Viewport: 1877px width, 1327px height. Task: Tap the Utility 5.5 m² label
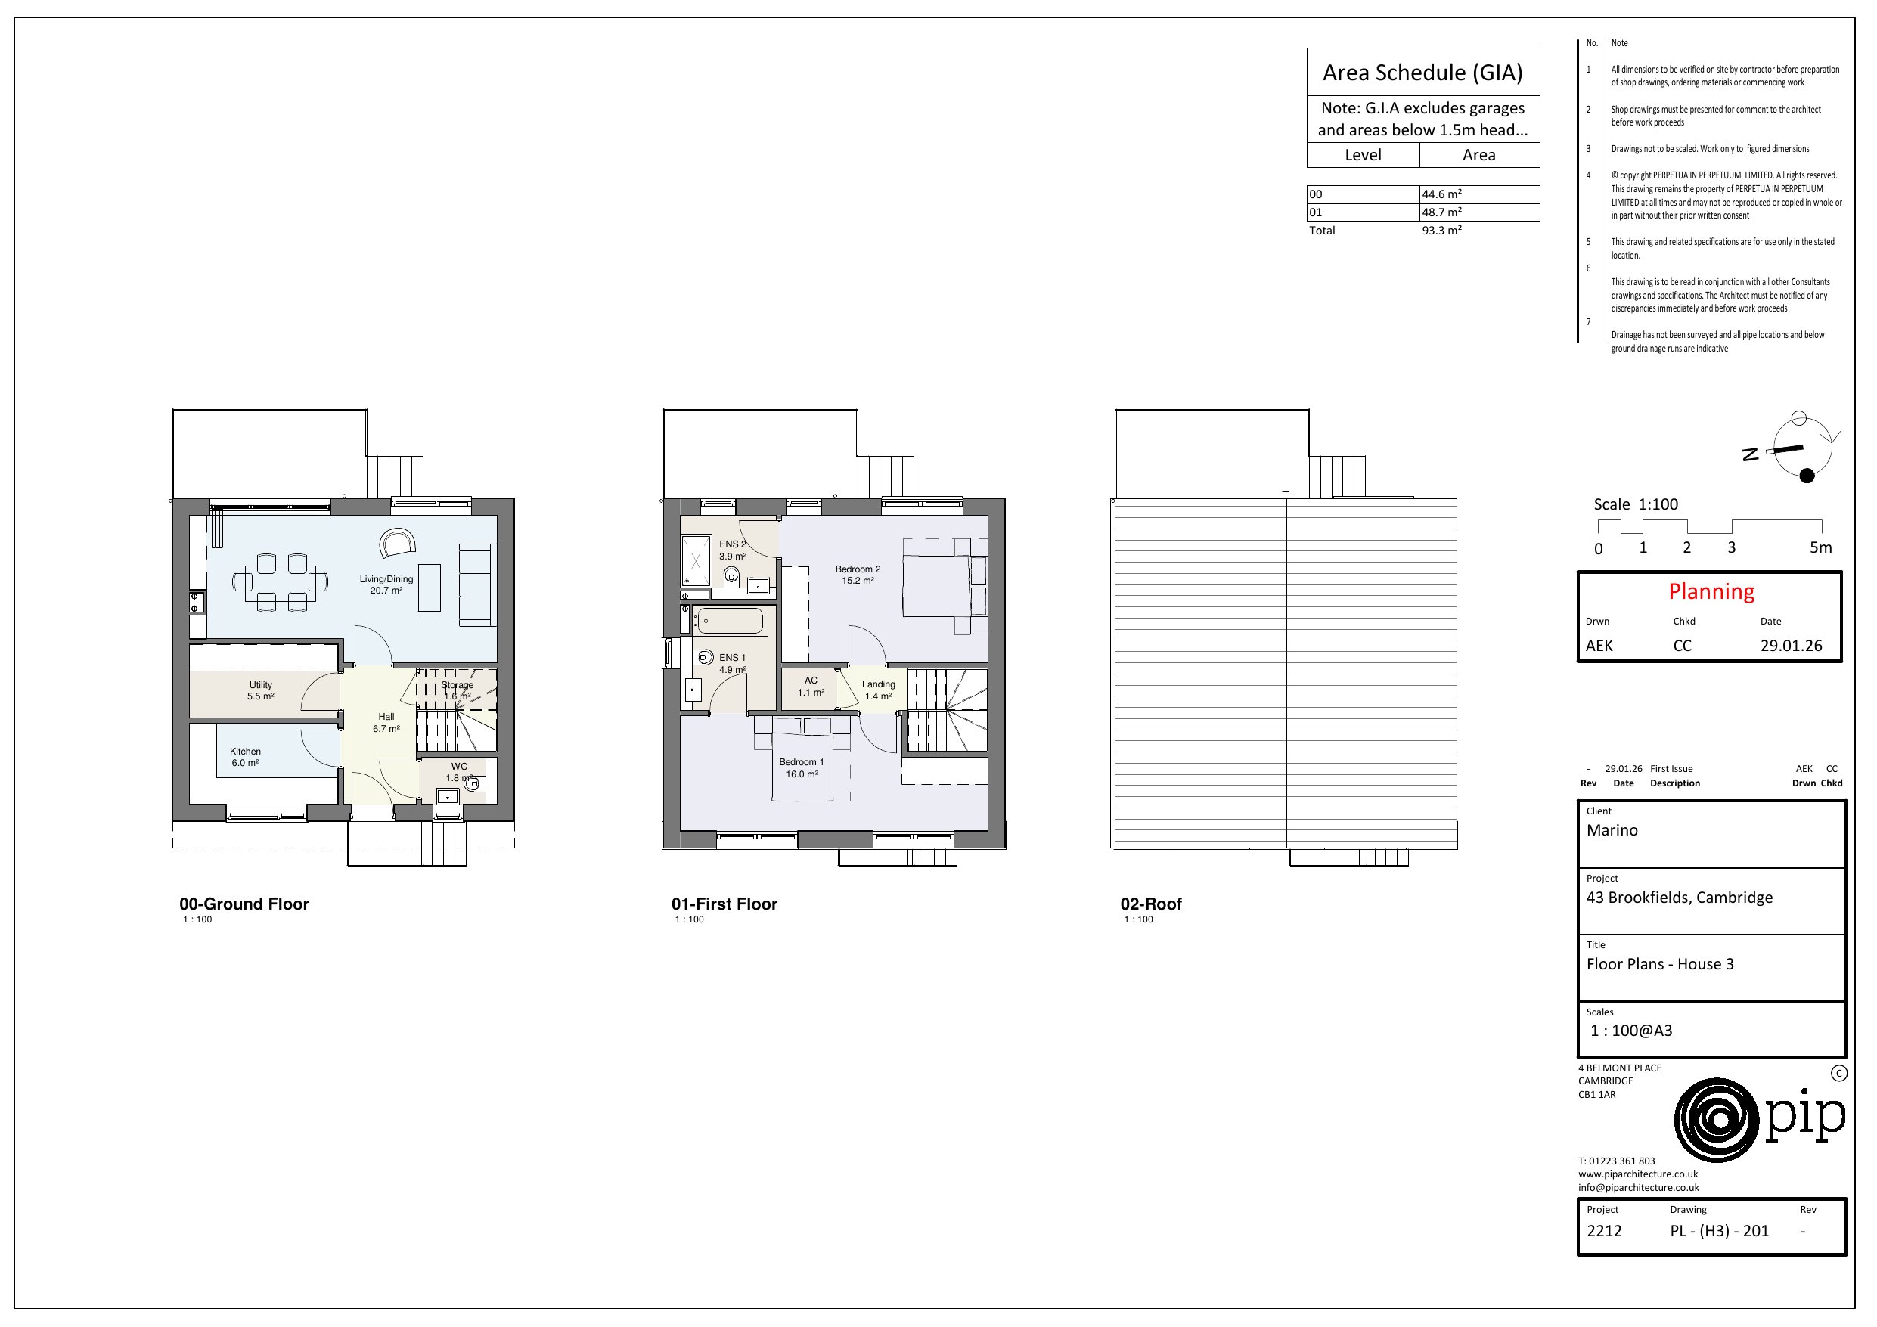(261, 690)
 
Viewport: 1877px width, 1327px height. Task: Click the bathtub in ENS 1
(730, 622)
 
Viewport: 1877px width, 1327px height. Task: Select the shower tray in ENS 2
(696, 560)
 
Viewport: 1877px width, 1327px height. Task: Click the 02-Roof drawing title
(1150, 904)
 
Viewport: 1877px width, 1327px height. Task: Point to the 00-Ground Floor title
(244, 904)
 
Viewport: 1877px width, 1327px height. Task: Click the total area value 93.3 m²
(1441, 231)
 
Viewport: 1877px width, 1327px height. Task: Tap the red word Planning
(1711, 591)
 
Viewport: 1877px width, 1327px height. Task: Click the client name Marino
(1612, 831)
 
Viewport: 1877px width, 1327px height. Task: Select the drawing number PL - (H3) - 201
(1719, 1231)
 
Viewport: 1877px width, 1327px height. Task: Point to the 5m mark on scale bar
(1820, 547)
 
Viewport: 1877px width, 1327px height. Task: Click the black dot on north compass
(1807, 476)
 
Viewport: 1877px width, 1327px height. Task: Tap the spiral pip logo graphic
(1717, 1120)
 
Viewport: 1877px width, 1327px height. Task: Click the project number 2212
(1604, 1231)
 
